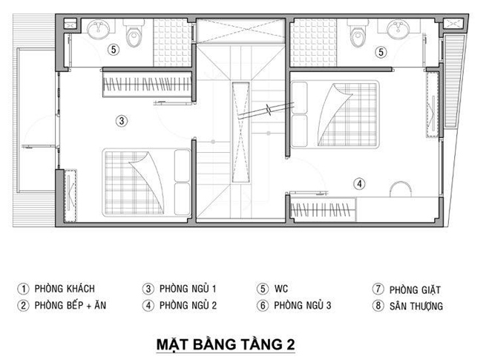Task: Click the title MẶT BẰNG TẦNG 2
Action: coord(226,344)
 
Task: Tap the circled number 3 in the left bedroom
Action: coord(122,121)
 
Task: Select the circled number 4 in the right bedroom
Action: coord(359,184)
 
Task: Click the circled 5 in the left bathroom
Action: coord(114,49)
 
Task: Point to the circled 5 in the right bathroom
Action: coord(381,52)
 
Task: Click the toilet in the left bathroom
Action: coord(134,33)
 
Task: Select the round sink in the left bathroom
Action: coord(99,30)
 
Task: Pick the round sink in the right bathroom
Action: coord(398,30)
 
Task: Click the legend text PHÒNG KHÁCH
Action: coord(65,289)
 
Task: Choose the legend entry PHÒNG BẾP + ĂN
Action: coord(70,305)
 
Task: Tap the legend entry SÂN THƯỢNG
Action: coord(416,306)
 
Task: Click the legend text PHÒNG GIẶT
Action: coord(415,289)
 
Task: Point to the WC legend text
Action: coord(281,289)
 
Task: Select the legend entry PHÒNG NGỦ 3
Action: coord(303,305)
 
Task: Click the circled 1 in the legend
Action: coord(23,289)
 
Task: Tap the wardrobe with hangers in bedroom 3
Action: coord(147,84)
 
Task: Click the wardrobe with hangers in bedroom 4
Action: coord(323,209)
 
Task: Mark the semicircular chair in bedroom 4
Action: coord(401,189)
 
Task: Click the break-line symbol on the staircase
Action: coord(269,110)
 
